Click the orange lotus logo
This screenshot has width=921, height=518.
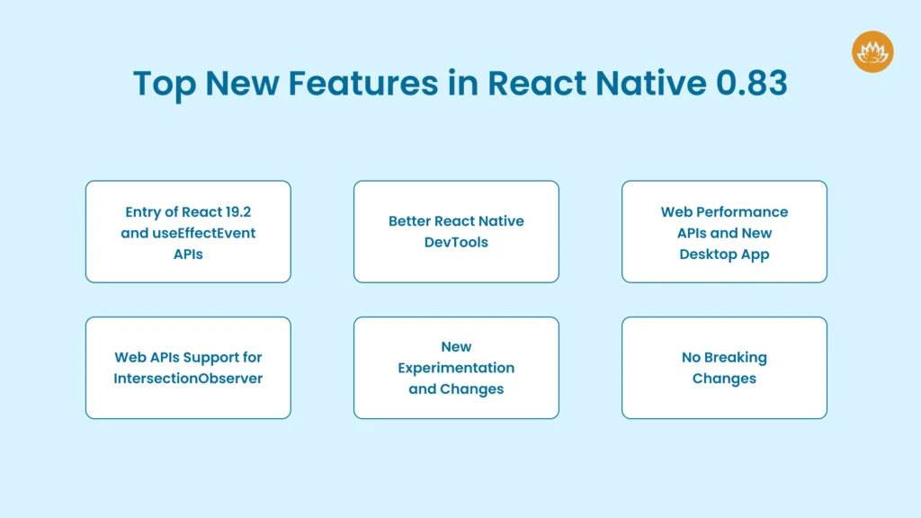click(x=872, y=51)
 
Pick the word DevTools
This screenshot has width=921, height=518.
click(x=456, y=242)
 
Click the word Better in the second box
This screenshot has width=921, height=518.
click(x=410, y=221)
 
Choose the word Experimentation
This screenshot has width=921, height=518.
click(x=456, y=368)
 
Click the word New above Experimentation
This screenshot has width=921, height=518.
click(x=456, y=346)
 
